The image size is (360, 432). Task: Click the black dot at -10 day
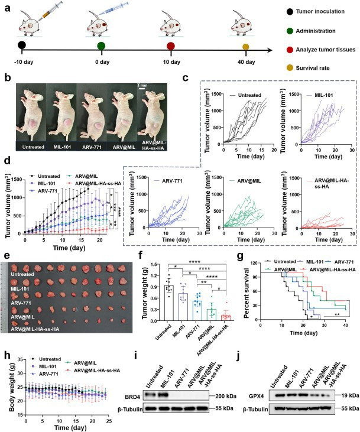[22, 46]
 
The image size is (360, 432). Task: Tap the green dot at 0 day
[100, 46]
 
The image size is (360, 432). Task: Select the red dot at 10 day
[171, 46]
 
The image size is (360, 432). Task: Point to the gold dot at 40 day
[247, 46]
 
